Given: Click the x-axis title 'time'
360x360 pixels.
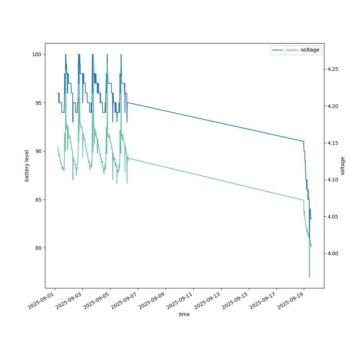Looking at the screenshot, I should (184, 314).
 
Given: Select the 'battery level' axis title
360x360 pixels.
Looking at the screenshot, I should (27, 166).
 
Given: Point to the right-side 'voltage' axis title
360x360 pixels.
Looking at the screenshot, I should (343, 166).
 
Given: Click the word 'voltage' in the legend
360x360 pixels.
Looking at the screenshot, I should (310, 50).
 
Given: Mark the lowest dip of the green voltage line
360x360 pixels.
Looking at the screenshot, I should (309, 276).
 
